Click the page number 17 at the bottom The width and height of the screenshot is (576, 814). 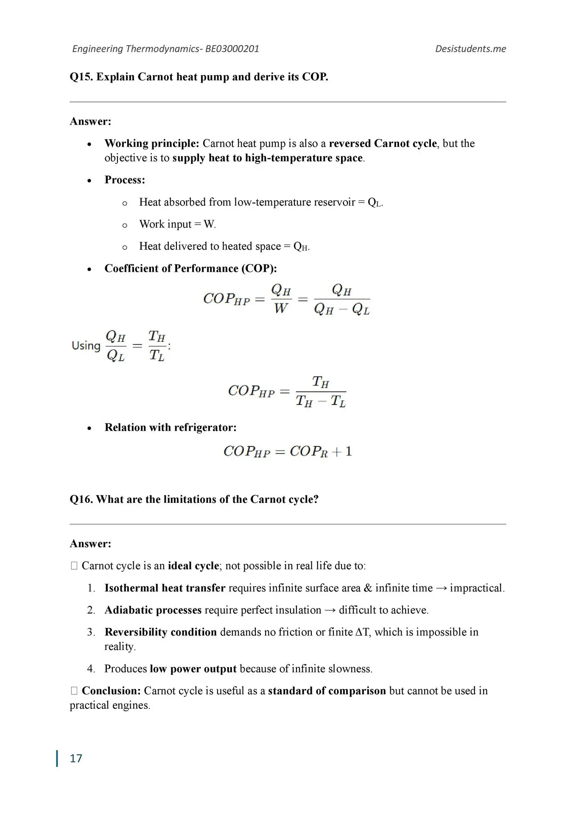pyautogui.click(x=76, y=758)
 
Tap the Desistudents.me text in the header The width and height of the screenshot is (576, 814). pyautogui.click(x=470, y=49)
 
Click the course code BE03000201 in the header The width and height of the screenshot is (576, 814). pyautogui.click(x=232, y=49)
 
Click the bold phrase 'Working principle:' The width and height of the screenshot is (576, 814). pyautogui.click(x=151, y=143)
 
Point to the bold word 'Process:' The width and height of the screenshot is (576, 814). pyautogui.click(x=125, y=180)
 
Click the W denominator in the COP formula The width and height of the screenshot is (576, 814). pyautogui.click(x=281, y=309)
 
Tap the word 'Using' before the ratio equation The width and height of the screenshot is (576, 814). pyautogui.click(x=86, y=346)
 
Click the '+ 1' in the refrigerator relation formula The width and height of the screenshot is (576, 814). pyautogui.click(x=343, y=452)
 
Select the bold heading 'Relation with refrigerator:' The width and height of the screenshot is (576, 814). pyautogui.click(x=171, y=427)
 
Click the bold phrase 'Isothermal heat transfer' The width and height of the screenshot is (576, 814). pyautogui.click(x=165, y=588)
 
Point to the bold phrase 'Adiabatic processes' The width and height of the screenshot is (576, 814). pyautogui.click(x=153, y=610)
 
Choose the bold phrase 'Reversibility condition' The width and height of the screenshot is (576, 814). pyautogui.click(x=160, y=632)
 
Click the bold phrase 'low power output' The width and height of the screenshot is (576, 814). pyautogui.click(x=193, y=669)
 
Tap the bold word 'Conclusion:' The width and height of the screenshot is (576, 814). pyautogui.click(x=111, y=691)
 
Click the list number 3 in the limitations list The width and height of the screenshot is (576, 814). pyautogui.click(x=91, y=632)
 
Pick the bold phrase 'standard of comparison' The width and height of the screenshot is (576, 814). pyautogui.click(x=327, y=691)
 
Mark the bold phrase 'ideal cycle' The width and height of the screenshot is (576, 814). pyautogui.click(x=193, y=566)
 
